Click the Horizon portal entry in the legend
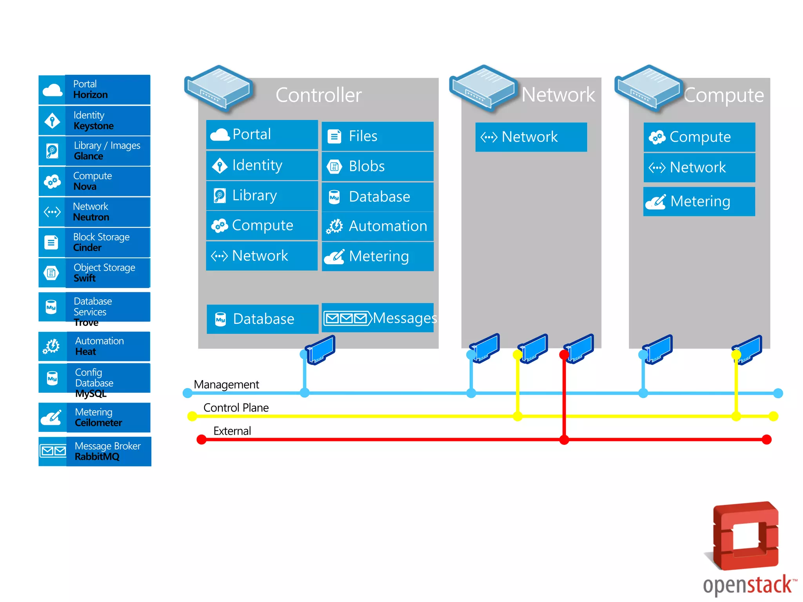pyautogui.click(x=94, y=90)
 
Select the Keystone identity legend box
pyautogui.click(x=94, y=121)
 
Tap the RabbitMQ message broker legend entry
pyautogui.click(x=95, y=451)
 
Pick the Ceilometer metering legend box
pyautogui.click(x=94, y=417)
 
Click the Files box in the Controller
pyautogui.click(x=378, y=136)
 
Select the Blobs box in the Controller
pyautogui.click(x=378, y=166)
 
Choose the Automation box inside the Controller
pyautogui.click(x=378, y=226)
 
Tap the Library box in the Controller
pyautogui.click(x=262, y=195)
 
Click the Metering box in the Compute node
pyautogui.click(x=699, y=201)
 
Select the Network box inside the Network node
pyautogui.click(x=531, y=137)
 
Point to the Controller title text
pyautogui.click(x=318, y=95)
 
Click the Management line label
pyautogui.click(x=226, y=384)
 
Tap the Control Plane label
pyautogui.click(x=236, y=408)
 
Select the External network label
pyautogui.click(x=232, y=431)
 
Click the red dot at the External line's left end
pyautogui.click(x=202, y=440)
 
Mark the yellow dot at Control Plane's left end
pyautogui.click(x=192, y=416)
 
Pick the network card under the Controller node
pyautogui.click(x=321, y=350)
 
